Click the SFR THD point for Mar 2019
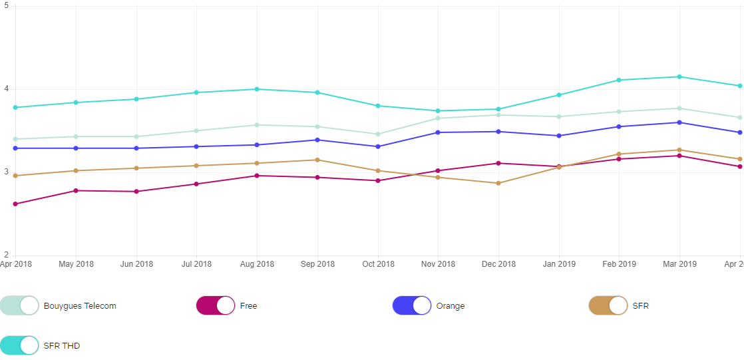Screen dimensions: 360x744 click(x=679, y=77)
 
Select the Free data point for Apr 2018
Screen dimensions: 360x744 click(x=15, y=204)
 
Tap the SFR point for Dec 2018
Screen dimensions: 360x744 click(x=498, y=183)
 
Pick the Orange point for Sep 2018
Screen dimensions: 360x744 click(x=317, y=140)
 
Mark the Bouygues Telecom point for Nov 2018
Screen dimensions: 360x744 click(x=438, y=118)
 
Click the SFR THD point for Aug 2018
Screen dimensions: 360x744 click(x=257, y=89)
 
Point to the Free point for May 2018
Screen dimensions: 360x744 click(x=76, y=191)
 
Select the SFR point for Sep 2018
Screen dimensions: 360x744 click(x=317, y=160)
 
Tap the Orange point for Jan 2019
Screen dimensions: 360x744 click(x=559, y=136)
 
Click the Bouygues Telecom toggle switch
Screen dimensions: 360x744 click(x=20, y=305)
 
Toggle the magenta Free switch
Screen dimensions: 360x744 click(x=216, y=305)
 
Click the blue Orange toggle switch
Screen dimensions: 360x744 click(x=412, y=305)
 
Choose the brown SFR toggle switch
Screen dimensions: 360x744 click(x=608, y=305)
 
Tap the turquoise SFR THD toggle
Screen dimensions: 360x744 click(x=20, y=345)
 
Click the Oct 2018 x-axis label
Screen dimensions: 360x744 click(x=378, y=264)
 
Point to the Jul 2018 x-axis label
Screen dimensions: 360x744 click(x=196, y=264)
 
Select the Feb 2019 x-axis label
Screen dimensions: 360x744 click(x=619, y=264)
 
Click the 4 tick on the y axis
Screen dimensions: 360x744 click(x=6, y=89)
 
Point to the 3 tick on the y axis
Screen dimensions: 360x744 click(x=6, y=172)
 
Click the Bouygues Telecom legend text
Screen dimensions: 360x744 click(x=80, y=306)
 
